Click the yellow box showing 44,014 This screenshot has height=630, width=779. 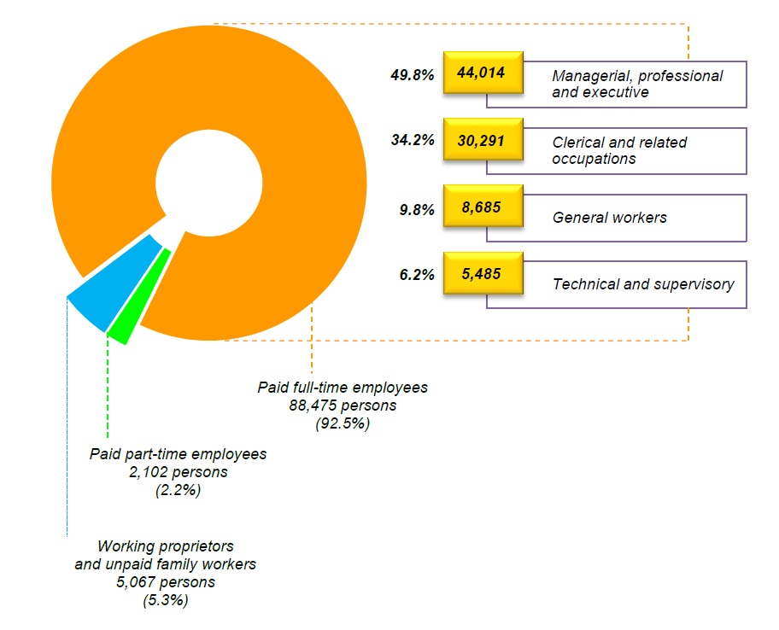pyautogui.click(x=483, y=74)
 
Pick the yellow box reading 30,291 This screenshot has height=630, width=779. pyautogui.click(x=483, y=140)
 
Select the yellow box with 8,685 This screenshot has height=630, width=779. pyautogui.click(x=483, y=207)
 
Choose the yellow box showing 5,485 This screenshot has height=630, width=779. pyautogui.click(x=483, y=274)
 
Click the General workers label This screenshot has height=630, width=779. pyautogui.click(x=609, y=217)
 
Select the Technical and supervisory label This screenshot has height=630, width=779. pyautogui.click(x=642, y=284)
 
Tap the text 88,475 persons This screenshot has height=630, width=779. pyautogui.click(x=343, y=405)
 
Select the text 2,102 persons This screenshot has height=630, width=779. pyautogui.click(x=179, y=471)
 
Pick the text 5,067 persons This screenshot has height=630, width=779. pyautogui.click(x=166, y=582)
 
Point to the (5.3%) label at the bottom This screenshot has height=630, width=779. pyautogui.click(x=166, y=600)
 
